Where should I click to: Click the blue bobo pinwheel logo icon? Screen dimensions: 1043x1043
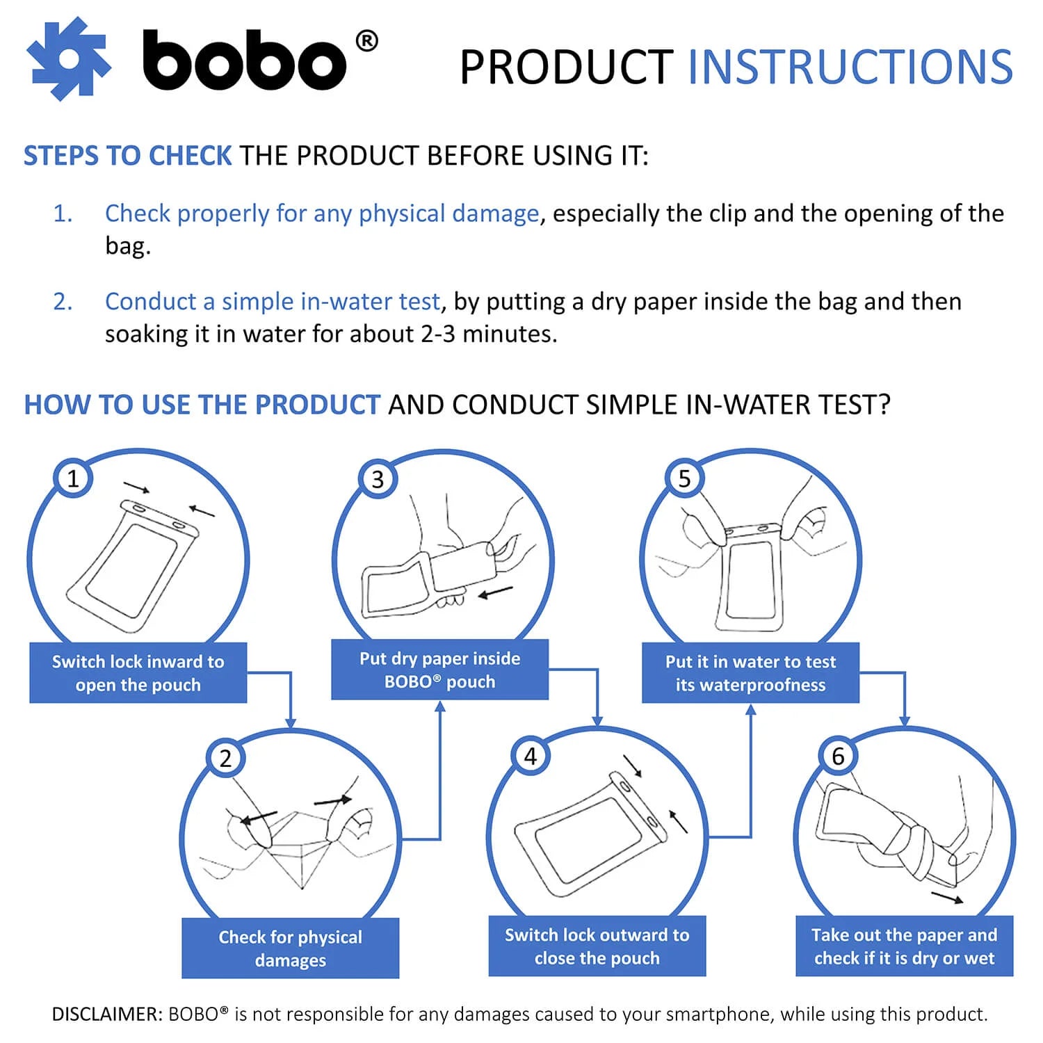tap(68, 59)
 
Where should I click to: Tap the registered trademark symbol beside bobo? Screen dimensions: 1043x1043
tap(366, 42)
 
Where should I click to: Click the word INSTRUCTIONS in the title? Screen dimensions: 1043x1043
tap(850, 67)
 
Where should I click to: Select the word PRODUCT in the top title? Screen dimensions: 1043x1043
tap(566, 67)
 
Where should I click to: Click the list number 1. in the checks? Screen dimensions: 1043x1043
tap(63, 213)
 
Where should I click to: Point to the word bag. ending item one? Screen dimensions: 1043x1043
tap(127, 245)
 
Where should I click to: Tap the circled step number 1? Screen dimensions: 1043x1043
tap(73, 478)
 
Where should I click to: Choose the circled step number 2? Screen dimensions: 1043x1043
tap(225, 758)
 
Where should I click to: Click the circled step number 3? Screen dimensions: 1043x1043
tap(378, 479)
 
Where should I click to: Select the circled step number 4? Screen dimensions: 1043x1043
tap(531, 757)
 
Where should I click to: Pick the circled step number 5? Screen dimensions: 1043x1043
tap(685, 478)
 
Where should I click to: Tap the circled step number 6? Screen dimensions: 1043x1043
tap(838, 757)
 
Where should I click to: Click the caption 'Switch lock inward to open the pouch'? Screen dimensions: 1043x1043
tap(138, 673)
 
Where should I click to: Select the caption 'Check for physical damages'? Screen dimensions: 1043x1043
tap(290, 948)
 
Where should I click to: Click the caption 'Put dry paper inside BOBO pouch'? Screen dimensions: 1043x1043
tap(439, 670)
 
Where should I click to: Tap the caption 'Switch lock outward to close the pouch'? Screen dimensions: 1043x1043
tap(597, 946)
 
